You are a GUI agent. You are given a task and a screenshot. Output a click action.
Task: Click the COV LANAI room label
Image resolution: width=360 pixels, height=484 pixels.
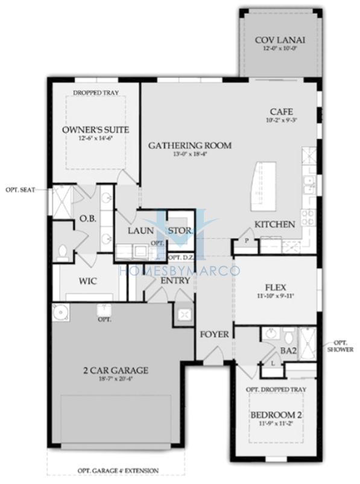tap(280, 40)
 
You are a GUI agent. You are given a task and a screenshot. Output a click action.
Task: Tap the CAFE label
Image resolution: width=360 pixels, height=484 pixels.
tap(281, 112)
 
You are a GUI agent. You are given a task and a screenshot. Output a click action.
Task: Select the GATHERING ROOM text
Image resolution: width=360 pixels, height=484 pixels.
tap(190, 145)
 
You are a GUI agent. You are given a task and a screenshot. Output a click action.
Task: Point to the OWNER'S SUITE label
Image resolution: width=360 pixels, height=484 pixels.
tap(95, 130)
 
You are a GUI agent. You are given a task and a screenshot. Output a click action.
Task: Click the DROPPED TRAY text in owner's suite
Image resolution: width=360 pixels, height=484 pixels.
tap(95, 93)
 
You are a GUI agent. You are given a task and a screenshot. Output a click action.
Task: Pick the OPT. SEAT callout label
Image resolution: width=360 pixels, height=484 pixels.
tap(21, 189)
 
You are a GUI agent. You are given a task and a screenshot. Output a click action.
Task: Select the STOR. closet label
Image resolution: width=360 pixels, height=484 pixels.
tap(180, 231)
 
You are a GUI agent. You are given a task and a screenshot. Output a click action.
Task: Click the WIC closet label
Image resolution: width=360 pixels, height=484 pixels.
tap(89, 281)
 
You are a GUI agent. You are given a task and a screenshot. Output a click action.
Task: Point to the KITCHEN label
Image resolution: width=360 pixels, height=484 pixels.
tap(274, 224)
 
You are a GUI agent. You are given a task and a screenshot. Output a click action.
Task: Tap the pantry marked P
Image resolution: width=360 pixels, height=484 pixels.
tap(246, 240)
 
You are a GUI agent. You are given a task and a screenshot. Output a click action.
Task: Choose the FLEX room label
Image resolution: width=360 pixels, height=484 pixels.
tap(275, 287)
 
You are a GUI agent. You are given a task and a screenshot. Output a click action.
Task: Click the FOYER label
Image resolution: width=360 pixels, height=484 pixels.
tap(215, 334)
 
